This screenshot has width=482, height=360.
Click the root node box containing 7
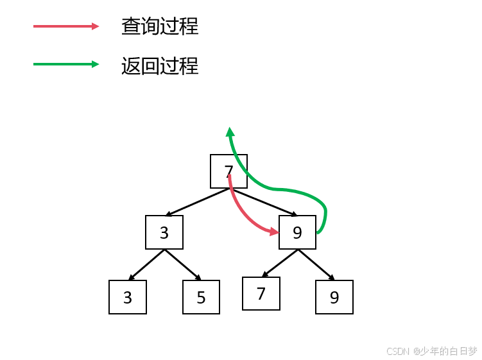click(x=228, y=171)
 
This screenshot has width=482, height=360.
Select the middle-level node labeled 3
click(x=164, y=232)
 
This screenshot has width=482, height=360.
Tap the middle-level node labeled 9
click(x=297, y=232)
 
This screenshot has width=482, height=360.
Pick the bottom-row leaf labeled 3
click(x=128, y=297)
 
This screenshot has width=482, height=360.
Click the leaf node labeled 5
click(x=201, y=297)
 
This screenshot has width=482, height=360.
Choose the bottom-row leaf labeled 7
click(x=261, y=294)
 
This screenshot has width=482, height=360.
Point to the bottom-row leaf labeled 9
click(x=334, y=297)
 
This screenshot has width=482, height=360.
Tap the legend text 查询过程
click(x=160, y=26)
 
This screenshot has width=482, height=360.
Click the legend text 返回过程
click(x=160, y=65)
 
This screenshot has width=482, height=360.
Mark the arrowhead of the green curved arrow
click(x=230, y=132)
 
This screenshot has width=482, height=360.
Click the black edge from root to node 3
click(x=197, y=202)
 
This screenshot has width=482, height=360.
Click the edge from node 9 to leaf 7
click(x=280, y=263)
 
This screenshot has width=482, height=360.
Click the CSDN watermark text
click(x=431, y=351)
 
